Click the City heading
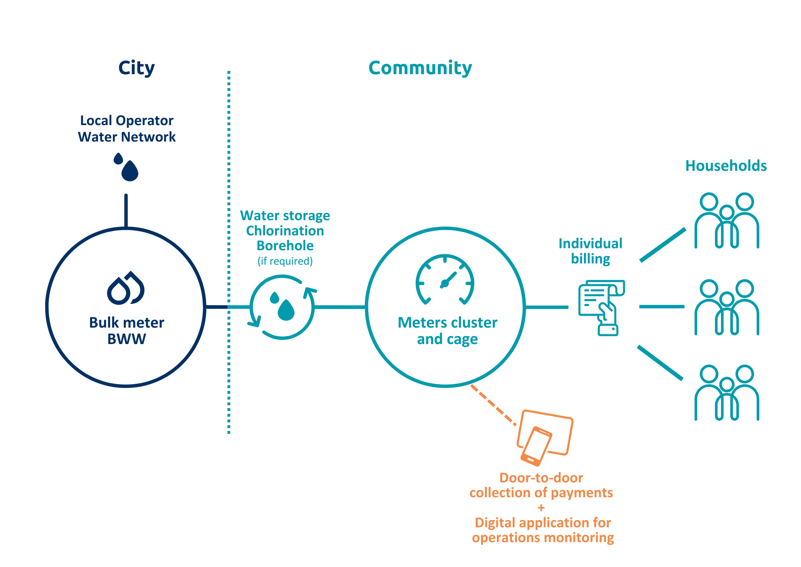click(136, 68)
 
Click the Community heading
click(420, 68)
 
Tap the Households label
click(726, 166)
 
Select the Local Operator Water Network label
click(127, 129)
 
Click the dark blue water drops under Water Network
click(126, 167)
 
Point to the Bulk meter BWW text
click(127, 331)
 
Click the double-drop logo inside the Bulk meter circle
click(126, 288)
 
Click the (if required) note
click(285, 261)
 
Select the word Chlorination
click(285, 231)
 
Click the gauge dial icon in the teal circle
click(445, 279)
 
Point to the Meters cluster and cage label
click(447, 331)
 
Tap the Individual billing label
click(590, 251)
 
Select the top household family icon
click(727, 221)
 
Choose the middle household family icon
click(727, 307)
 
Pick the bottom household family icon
click(727, 393)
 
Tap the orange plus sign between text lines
click(541, 508)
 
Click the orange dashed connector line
click(493, 405)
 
